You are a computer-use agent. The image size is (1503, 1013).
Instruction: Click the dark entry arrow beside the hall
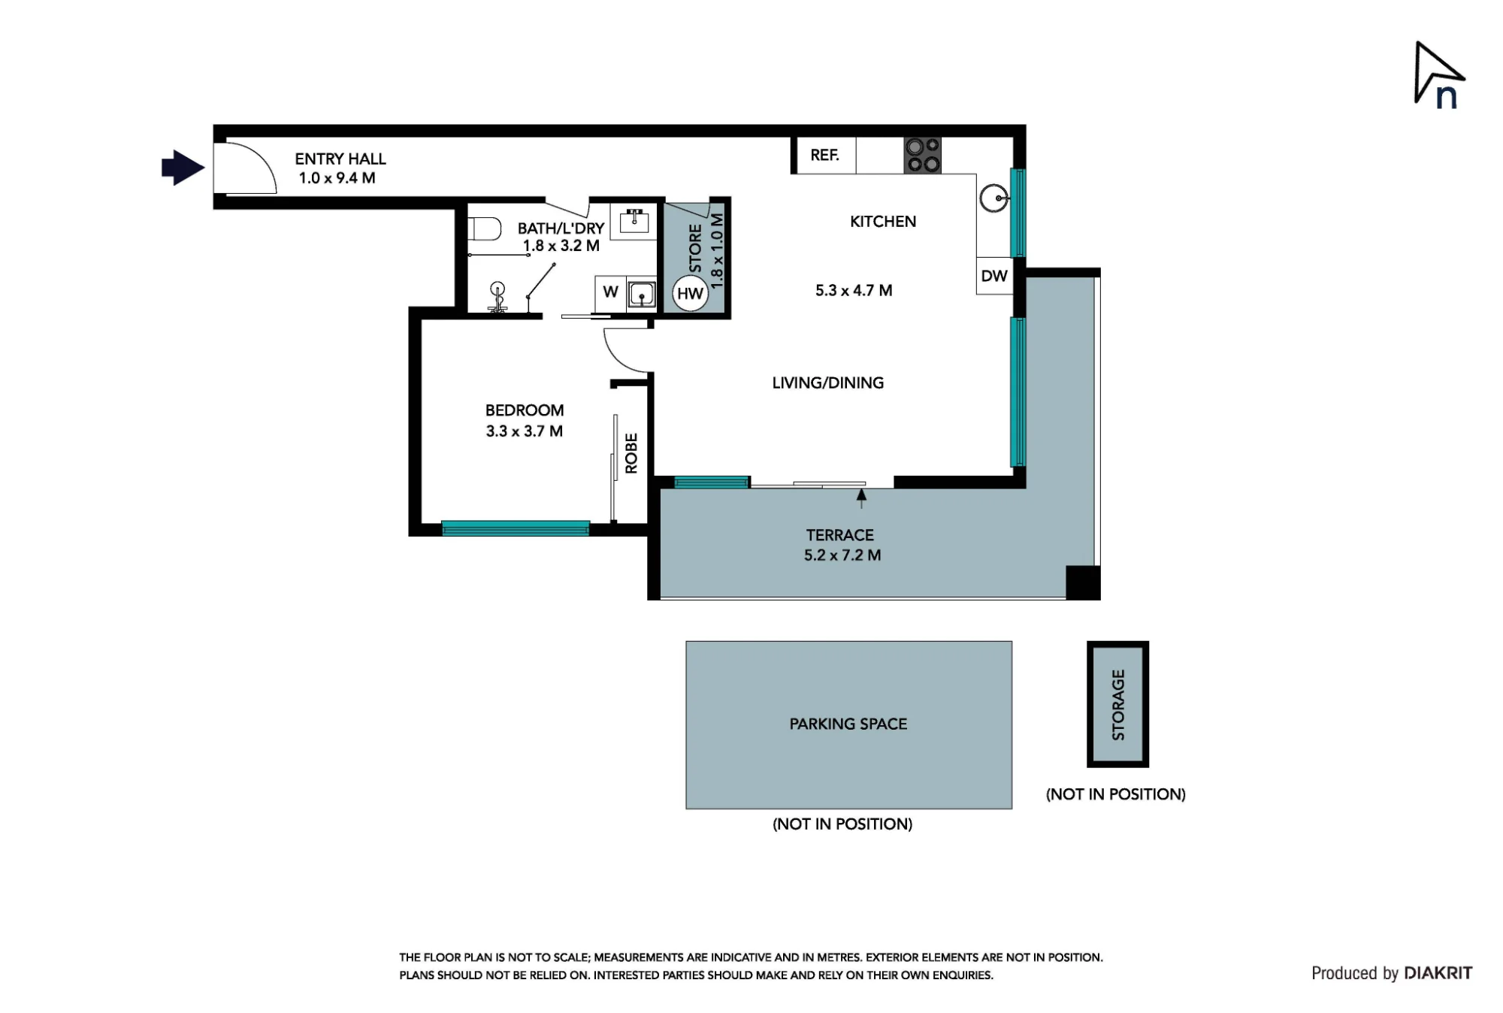[x=183, y=168]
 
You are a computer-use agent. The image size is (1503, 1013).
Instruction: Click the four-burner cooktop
[x=922, y=156]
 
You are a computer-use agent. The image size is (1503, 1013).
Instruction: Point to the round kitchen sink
[x=995, y=198]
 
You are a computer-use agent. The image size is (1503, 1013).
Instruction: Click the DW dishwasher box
[x=994, y=276]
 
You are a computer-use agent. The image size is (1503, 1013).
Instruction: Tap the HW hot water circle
[x=690, y=293]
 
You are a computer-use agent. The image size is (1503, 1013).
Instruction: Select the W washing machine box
[x=610, y=292]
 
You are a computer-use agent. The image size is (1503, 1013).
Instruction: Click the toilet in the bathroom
[x=485, y=228]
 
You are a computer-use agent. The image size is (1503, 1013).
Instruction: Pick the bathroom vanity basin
[x=635, y=222]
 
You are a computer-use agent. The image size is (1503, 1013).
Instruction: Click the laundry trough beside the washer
[x=642, y=294]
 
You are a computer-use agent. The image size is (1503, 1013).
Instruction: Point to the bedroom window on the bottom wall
[x=516, y=528]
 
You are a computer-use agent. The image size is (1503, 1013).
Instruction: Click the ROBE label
[x=631, y=453]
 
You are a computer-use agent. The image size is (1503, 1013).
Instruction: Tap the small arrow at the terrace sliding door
[x=862, y=498]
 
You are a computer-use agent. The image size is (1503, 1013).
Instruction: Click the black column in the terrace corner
[x=1083, y=582]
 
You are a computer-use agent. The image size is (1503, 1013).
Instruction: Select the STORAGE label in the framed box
[x=1118, y=705]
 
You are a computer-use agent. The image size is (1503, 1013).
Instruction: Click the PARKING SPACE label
[x=848, y=724]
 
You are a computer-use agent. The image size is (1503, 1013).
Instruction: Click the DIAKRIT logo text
[x=1438, y=973]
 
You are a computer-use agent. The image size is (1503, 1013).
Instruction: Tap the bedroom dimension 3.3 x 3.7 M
[x=524, y=431]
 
